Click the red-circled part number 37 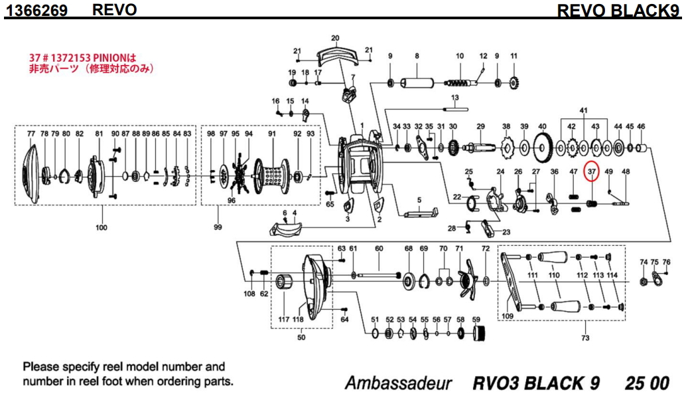click(x=592, y=171)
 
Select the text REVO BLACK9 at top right click(x=620, y=10)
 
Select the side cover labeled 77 click(x=30, y=173)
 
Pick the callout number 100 click(x=101, y=229)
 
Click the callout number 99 click(x=217, y=229)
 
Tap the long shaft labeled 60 click(x=378, y=274)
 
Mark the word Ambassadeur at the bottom click(x=398, y=383)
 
